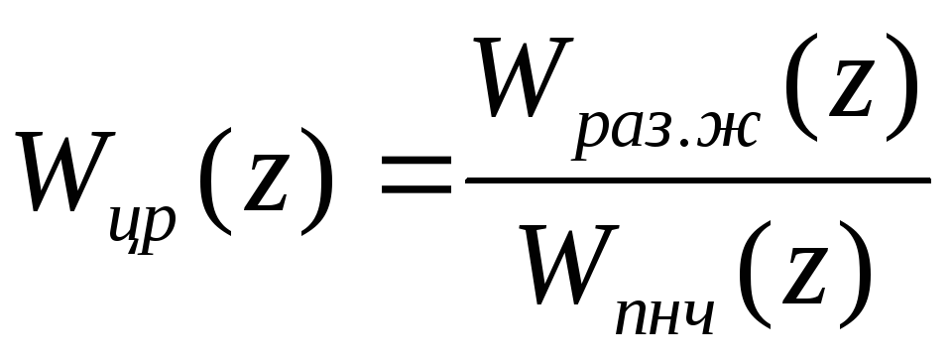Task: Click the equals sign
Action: [416, 175]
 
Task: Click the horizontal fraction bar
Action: [697, 180]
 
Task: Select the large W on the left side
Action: [65, 172]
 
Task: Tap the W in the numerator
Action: [524, 77]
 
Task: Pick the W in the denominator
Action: [569, 265]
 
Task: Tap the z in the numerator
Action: [851, 89]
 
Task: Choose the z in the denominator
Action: [804, 277]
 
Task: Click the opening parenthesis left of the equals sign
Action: [214, 180]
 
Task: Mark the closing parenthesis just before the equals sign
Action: [317, 180]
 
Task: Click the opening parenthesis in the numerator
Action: [800, 86]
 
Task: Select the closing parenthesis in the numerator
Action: [902, 86]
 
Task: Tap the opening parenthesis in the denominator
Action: [754, 275]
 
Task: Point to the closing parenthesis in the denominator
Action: [856, 275]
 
